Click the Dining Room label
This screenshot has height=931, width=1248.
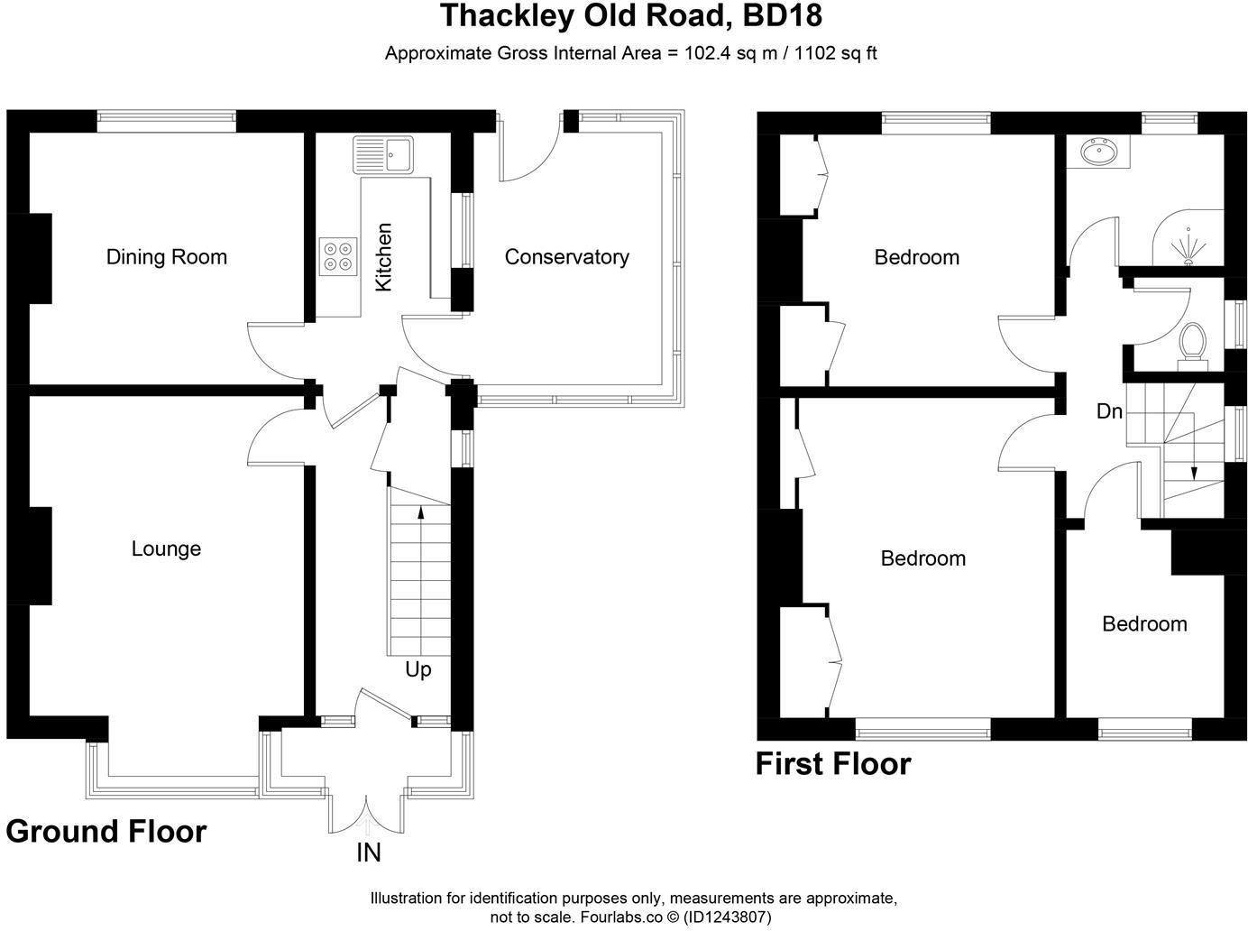tap(166, 257)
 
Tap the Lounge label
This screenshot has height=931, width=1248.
tap(166, 548)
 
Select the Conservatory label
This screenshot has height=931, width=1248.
tap(566, 257)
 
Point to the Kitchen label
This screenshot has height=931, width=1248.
tap(383, 257)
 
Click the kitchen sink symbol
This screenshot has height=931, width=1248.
tap(382, 154)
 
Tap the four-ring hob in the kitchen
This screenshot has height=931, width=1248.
tap(338, 255)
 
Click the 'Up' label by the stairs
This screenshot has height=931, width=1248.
tap(418, 669)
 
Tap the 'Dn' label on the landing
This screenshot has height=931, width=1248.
tap(1109, 411)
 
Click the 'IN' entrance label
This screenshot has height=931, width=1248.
tap(369, 853)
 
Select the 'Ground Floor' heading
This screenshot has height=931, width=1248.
tap(106, 831)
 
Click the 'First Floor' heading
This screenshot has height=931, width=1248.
tap(833, 764)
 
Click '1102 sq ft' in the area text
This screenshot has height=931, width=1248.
tap(834, 53)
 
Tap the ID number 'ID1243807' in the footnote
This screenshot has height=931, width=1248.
tap(729, 917)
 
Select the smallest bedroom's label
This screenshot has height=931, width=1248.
tap(1144, 624)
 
